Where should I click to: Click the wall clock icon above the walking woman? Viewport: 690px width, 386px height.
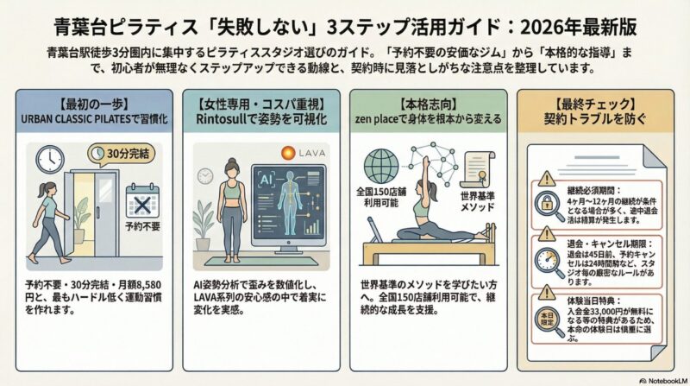point(50,158)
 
